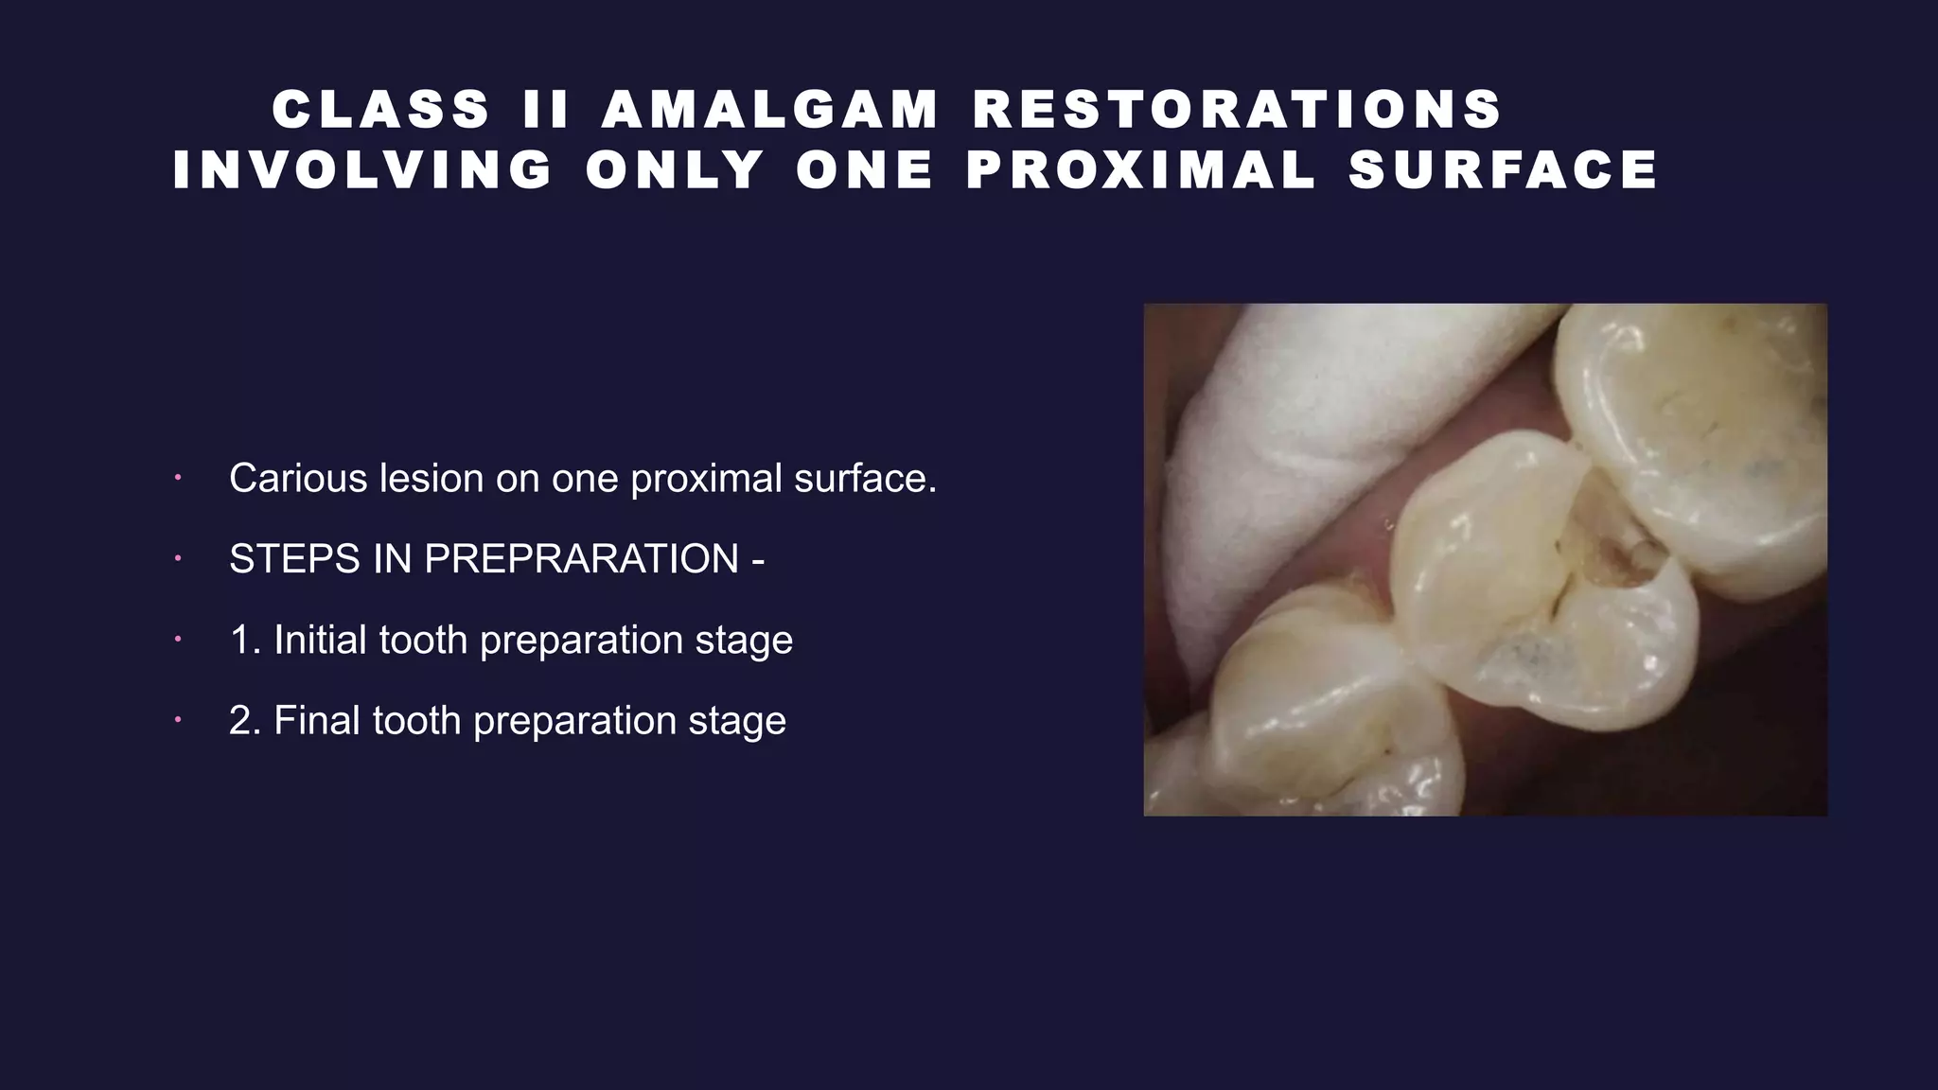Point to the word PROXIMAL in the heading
click(1141, 170)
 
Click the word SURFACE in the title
click(1503, 170)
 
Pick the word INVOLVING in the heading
click(363, 170)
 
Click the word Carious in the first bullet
click(298, 479)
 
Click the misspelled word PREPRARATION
click(581, 559)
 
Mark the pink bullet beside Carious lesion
click(176, 479)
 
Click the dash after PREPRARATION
click(757, 559)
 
